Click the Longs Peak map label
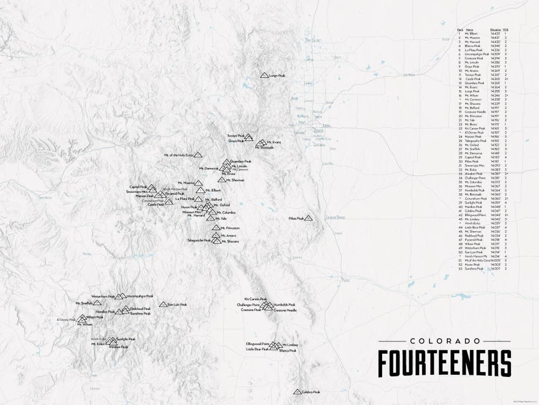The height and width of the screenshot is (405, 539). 277,75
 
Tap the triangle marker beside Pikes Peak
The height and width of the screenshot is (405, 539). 309,218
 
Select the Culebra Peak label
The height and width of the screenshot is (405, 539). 311,392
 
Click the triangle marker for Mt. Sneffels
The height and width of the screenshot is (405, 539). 97,303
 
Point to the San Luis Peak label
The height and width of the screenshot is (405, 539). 177,305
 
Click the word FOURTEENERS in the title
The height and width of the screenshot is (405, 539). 444,363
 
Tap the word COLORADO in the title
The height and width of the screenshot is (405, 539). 444,341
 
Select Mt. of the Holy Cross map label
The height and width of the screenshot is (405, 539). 179,155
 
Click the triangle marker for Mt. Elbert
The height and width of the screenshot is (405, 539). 200,190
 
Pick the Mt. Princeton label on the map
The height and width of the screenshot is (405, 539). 230,228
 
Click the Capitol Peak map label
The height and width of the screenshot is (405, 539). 138,187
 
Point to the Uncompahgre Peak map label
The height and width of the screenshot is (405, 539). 140,296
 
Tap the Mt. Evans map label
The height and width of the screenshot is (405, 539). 274,142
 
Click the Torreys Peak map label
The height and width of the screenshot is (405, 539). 235,135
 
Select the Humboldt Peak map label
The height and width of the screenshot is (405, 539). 284,305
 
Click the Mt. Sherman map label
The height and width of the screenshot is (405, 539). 235,180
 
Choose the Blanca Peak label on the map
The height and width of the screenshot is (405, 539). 287,351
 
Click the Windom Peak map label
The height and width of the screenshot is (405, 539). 118,347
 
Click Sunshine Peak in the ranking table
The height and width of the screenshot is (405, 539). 474,269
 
